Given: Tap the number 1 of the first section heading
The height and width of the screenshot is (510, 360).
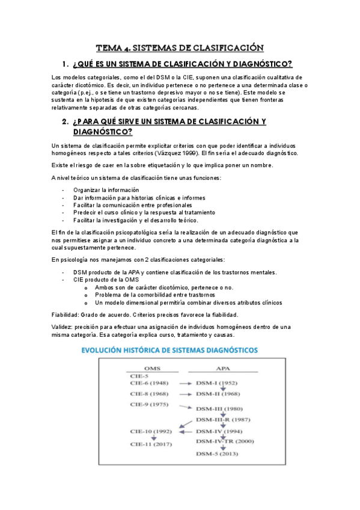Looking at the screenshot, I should (65, 64).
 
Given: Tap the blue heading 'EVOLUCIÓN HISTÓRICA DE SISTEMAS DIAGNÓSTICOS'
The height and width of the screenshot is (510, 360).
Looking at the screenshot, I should (180, 349).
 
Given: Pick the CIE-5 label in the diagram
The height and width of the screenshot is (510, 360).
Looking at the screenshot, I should (139, 376).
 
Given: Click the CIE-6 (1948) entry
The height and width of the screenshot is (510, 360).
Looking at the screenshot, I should (149, 383).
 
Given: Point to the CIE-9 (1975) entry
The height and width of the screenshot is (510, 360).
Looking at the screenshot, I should (149, 405).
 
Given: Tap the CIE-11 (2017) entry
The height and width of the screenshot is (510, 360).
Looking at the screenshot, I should (151, 444).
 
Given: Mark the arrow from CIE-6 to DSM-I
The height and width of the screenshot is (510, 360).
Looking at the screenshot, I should (182, 383).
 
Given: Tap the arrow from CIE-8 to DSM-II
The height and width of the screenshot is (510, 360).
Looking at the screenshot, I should (182, 394).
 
